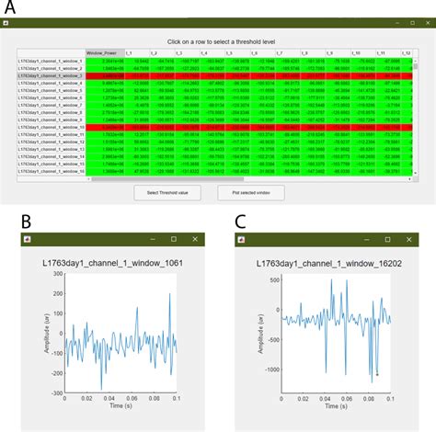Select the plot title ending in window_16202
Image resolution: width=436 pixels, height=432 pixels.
[324, 267]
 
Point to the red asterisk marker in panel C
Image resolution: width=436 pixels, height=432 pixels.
[377, 374]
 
